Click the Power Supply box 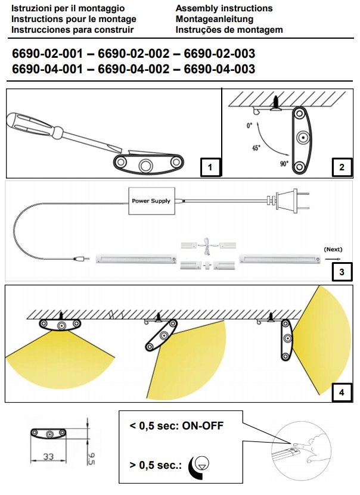[x=151, y=201]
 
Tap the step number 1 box [x=210, y=167]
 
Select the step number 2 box [x=341, y=167]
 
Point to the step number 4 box [x=341, y=392]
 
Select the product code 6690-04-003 [x=220, y=69]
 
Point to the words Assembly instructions [x=224, y=8]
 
